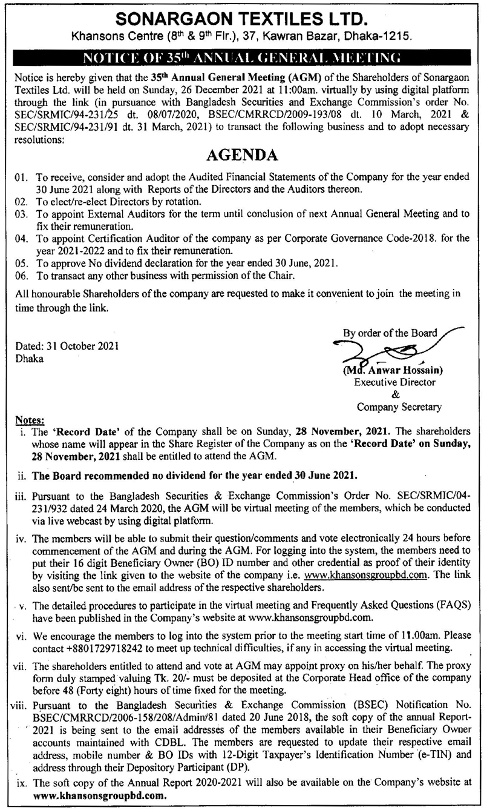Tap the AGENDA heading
coord(242,156)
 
